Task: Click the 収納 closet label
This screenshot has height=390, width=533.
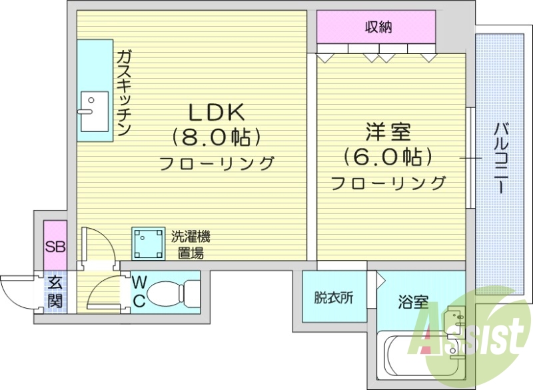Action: (x=377, y=27)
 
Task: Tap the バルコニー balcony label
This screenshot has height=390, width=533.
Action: (x=501, y=157)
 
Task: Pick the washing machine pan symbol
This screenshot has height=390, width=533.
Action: (x=148, y=243)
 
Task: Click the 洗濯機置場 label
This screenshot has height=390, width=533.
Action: (x=191, y=244)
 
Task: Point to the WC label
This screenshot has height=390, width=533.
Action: (x=139, y=292)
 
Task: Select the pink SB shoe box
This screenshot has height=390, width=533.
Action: (x=55, y=247)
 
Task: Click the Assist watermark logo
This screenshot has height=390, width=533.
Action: (x=470, y=333)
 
